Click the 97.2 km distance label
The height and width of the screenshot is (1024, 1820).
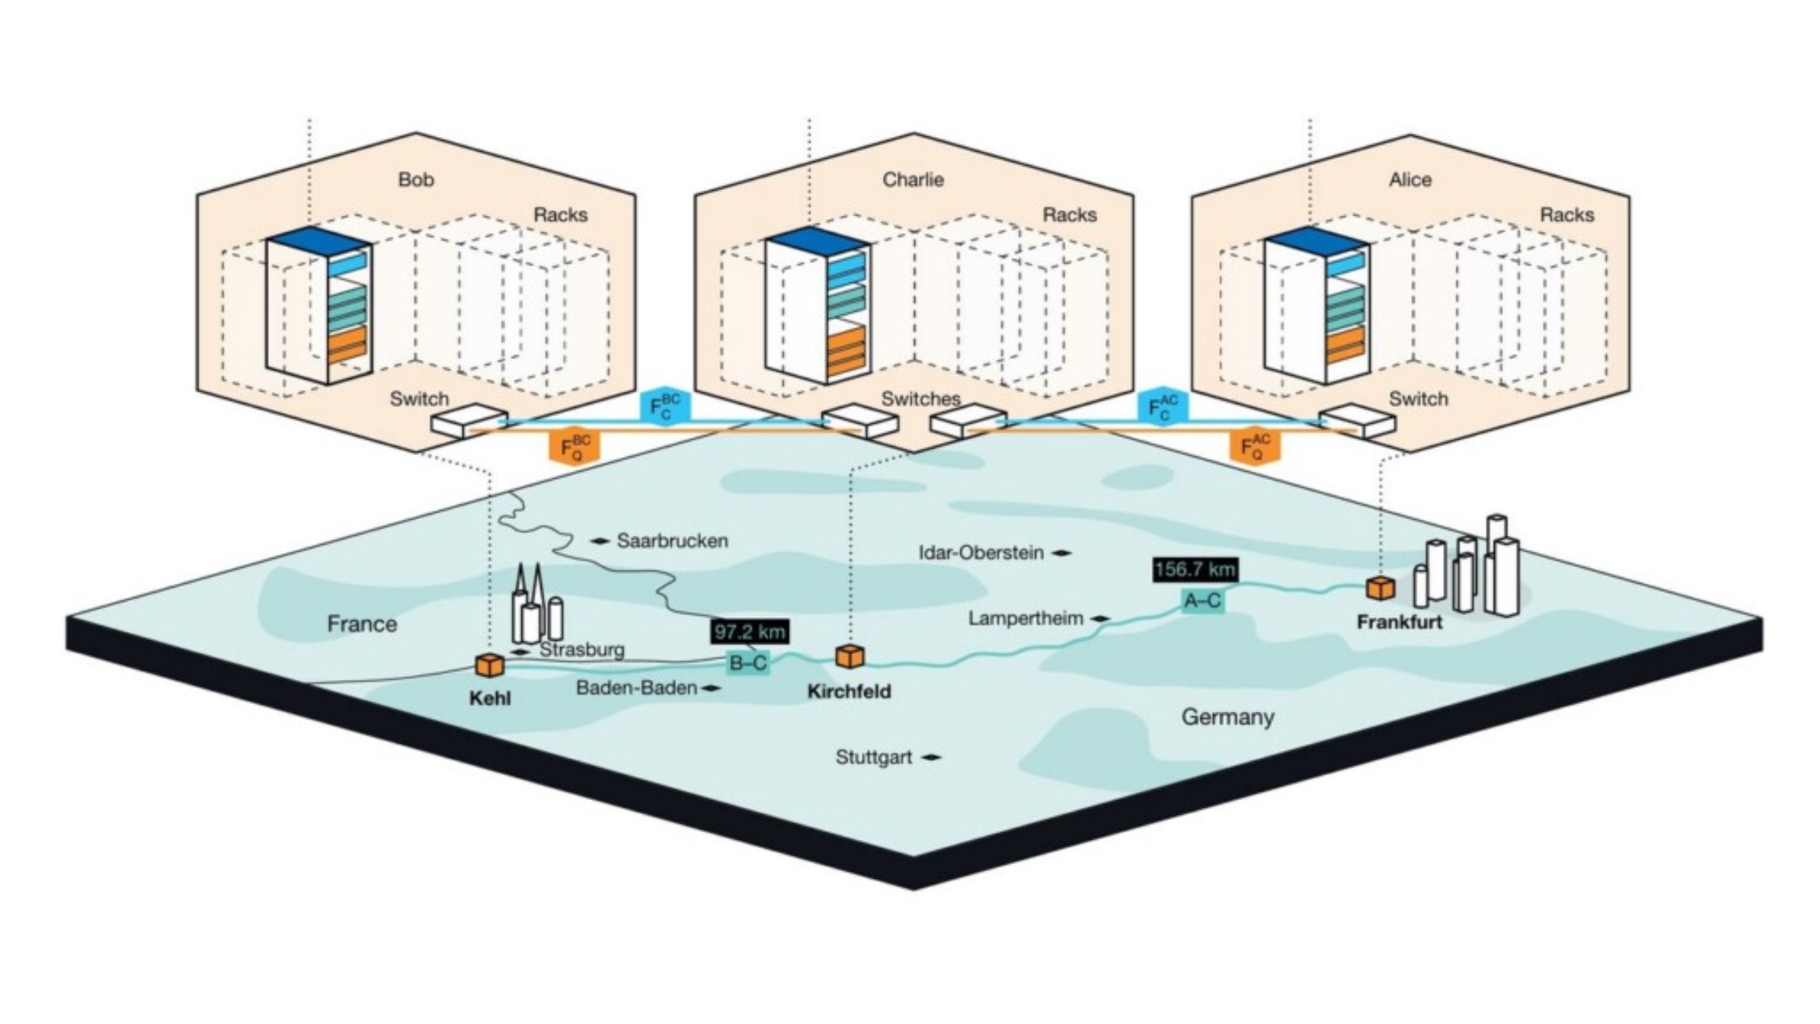point(749,631)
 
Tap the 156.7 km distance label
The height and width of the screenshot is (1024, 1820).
point(1194,570)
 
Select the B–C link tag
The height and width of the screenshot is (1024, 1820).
point(749,663)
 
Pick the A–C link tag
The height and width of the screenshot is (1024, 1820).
point(1202,601)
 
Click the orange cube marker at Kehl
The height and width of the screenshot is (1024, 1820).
point(489,666)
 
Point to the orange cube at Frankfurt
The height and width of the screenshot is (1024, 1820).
point(1381,588)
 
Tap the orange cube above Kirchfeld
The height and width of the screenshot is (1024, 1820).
point(850,656)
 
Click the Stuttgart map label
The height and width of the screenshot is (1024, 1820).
point(874,757)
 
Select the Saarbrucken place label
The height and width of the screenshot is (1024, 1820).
point(672,541)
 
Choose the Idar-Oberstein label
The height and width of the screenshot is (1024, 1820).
point(981,553)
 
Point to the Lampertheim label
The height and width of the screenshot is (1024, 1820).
point(1025,619)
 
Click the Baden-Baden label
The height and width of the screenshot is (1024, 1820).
point(636,688)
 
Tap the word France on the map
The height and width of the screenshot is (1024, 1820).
point(362,624)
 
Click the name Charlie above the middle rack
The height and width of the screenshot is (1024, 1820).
point(913,180)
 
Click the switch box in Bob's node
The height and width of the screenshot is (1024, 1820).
point(469,421)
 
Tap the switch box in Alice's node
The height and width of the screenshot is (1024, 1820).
point(1357,421)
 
